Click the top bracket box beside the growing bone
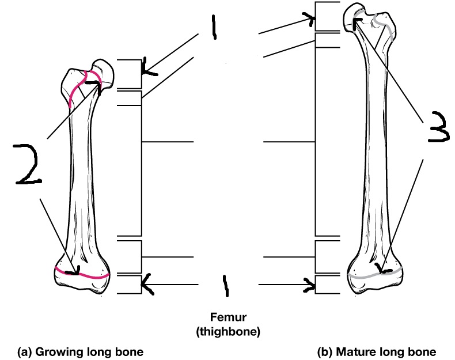click(128, 74)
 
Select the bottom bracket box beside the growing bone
click(128, 285)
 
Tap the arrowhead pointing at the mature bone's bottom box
click(312, 284)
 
